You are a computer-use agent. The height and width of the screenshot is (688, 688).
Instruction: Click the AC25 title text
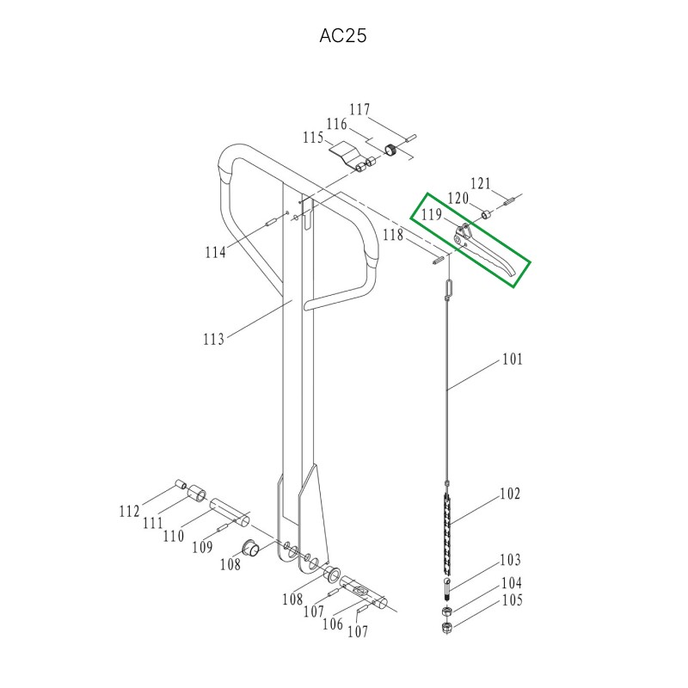click(342, 36)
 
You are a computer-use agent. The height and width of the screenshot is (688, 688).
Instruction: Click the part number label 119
click(432, 214)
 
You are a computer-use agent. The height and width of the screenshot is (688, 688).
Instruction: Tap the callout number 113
click(213, 339)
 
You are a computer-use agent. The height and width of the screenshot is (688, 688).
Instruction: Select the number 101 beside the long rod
click(513, 359)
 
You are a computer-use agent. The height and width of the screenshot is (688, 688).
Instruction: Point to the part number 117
click(359, 109)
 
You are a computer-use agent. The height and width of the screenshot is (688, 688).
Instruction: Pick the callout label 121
click(481, 183)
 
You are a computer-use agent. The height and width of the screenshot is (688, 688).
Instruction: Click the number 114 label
click(216, 252)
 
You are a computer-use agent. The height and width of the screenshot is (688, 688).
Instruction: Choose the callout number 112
click(130, 511)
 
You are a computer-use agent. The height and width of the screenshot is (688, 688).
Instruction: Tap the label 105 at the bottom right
click(512, 599)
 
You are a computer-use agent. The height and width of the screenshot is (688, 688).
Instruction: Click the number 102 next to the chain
click(510, 494)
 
